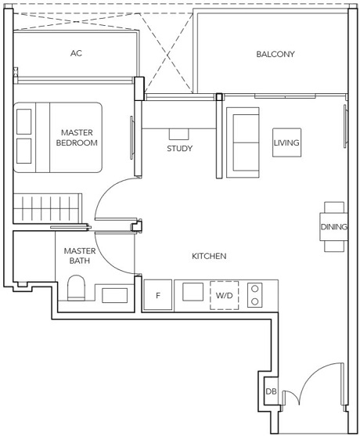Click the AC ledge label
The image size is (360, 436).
76,53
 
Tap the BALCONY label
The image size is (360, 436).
275,54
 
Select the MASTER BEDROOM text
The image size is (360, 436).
77,138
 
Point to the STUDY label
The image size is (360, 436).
179,149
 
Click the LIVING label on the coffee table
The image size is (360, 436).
286,142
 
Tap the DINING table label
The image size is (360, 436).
333,227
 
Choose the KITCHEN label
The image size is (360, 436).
209,256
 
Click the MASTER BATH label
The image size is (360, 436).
80,256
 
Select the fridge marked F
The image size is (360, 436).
157,295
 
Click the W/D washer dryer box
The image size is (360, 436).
224,295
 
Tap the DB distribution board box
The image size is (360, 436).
271,391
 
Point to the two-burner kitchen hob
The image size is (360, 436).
254,295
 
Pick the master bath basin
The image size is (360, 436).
114,295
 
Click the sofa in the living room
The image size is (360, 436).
243,142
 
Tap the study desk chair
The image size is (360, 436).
179,134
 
